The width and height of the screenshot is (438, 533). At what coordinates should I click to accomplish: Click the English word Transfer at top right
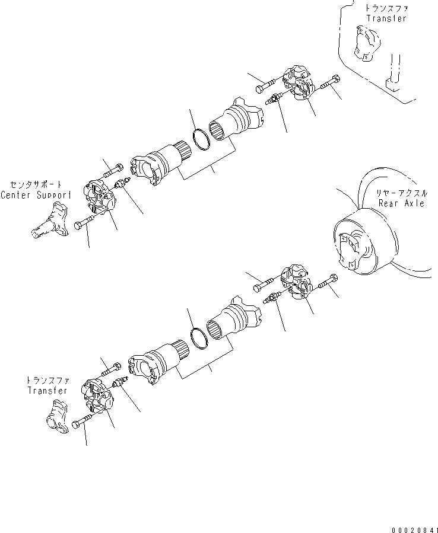[386, 18]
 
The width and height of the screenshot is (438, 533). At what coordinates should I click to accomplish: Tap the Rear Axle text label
[402, 203]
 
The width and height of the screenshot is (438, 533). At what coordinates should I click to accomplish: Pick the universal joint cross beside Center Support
[101, 199]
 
